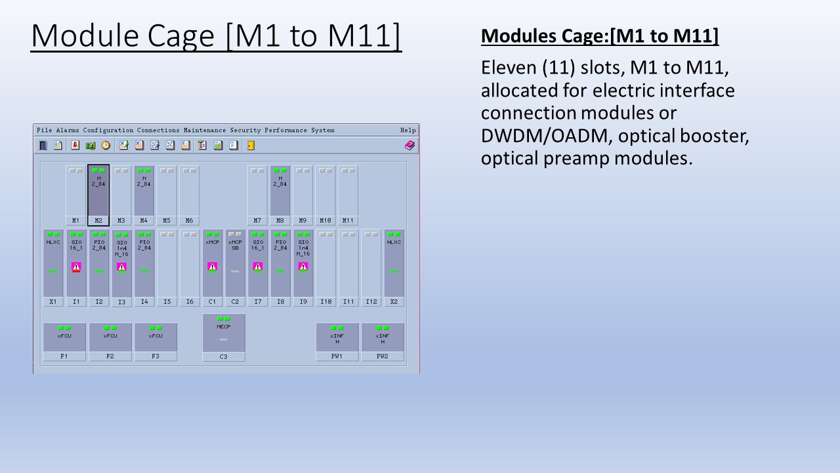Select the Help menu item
pyautogui.click(x=408, y=130)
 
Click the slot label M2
pyautogui.click(x=98, y=221)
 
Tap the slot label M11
pyautogui.click(x=348, y=221)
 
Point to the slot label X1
pyautogui.click(x=53, y=302)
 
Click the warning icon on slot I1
pyautogui.click(x=76, y=267)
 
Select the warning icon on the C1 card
pyautogui.click(x=212, y=267)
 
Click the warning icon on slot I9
pyautogui.click(x=303, y=267)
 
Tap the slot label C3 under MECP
pyautogui.click(x=223, y=357)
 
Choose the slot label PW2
pyautogui.click(x=382, y=356)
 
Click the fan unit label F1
pyautogui.click(x=64, y=356)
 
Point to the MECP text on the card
pyautogui.click(x=223, y=326)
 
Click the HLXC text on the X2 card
pyautogui.click(x=394, y=242)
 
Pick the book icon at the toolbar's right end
pyautogui.click(x=409, y=145)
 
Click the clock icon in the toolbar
pyautogui.click(x=106, y=145)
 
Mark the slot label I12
pyautogui.click(x=371, y=302)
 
